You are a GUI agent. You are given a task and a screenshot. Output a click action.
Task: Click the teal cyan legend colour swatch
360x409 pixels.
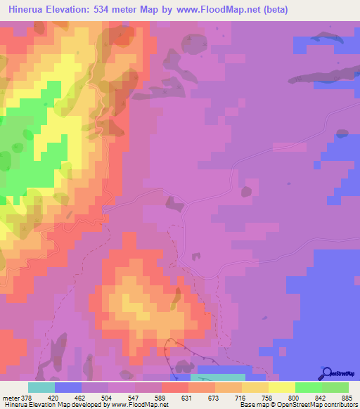point(41,387)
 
